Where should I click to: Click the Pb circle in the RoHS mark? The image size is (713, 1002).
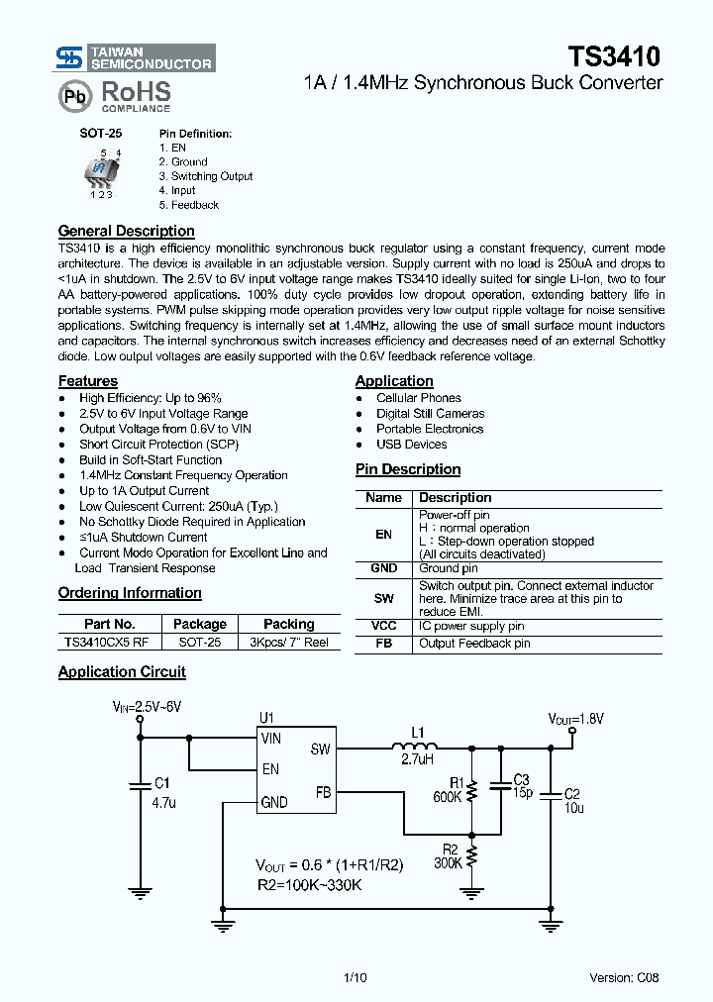74,97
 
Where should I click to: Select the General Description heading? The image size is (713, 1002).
126,231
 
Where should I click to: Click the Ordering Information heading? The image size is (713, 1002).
130,593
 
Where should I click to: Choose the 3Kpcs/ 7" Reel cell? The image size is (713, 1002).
289,642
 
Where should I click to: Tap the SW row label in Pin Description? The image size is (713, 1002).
383,599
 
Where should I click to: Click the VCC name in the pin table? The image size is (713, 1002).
383,626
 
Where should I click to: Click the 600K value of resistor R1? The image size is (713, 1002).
448,797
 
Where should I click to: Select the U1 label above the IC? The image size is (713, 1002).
265,718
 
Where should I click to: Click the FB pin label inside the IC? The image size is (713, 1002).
323,792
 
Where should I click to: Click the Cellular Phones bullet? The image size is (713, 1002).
418,398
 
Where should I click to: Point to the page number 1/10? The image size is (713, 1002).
355,978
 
